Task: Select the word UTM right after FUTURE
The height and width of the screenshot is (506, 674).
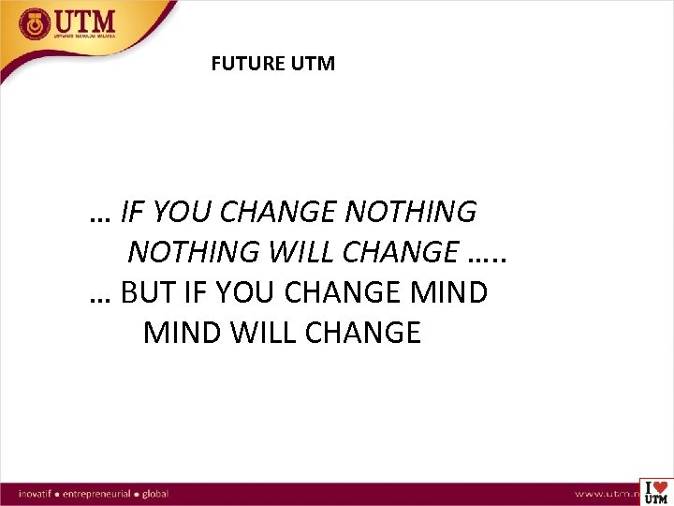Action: click(x=314, y=65)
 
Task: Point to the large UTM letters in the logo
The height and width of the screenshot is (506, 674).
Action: click(x=86, y=21)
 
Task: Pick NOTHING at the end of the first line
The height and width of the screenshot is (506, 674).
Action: click(x=410, y=213)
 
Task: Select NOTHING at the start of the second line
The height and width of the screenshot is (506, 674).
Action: click(x=194, y=252)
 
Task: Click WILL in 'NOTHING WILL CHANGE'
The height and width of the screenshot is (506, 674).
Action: click(x=300, y=252)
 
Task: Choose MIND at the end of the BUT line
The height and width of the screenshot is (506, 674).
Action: click(x=447, y=293)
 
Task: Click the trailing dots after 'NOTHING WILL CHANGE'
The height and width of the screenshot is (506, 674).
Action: click(x=492, y=253)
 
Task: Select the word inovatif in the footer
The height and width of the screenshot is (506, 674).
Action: click(x=38, y=492)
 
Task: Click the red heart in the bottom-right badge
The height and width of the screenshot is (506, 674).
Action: click(x=660, y=486)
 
